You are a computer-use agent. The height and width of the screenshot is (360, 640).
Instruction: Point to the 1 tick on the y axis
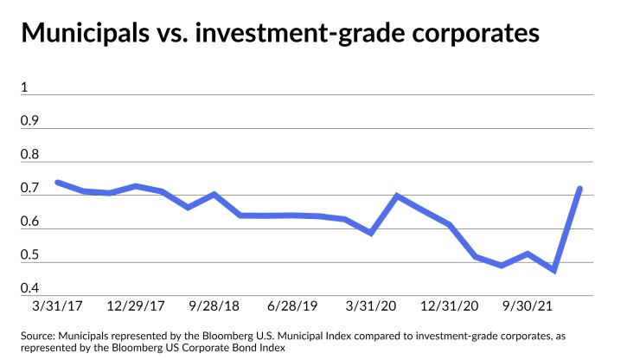[x=25, y=87]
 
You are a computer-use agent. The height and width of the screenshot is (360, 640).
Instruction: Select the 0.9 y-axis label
[x=30, y=120]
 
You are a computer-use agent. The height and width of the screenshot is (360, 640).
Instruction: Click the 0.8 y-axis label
[x=30, y=154]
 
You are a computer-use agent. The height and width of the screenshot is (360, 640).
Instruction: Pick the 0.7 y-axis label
[x=30, y=188]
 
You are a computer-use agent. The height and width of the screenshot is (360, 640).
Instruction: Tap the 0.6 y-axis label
[x=30, y=222]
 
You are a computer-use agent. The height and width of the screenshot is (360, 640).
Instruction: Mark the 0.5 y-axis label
[x=30, y=254]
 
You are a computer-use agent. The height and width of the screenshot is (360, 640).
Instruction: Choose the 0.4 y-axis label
[x=30, y=288]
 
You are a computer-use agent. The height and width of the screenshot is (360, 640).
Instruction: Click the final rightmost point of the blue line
[x=579, y=189]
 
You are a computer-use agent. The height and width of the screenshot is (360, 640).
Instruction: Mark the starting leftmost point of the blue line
[x=57, y=183]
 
